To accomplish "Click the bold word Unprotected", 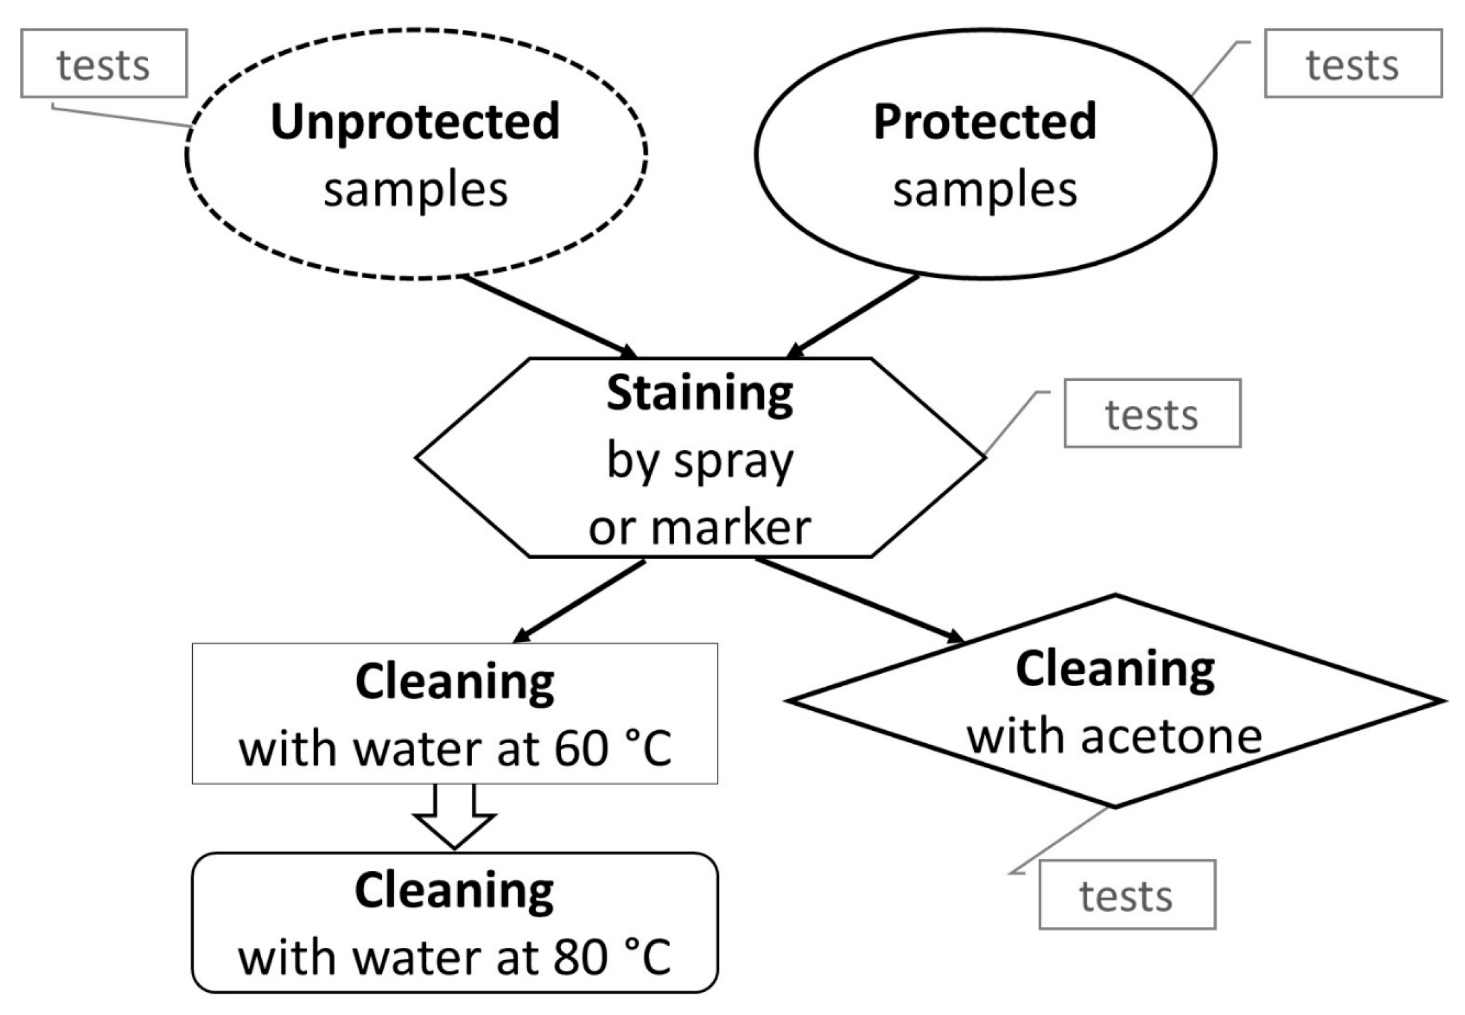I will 415,122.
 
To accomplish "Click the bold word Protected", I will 985,122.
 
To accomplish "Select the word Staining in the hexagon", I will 699,393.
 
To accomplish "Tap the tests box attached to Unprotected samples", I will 104,64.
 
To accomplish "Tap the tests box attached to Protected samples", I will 1352,64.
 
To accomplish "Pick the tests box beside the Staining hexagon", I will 1152,414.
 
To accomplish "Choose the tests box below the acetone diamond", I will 1127,895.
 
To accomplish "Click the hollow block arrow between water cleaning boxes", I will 454,817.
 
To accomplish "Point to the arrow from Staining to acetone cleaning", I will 858,599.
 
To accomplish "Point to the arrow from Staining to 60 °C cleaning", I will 580,601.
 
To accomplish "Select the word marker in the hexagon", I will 731,528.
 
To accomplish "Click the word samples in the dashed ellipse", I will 415,190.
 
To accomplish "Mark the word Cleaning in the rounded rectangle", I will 454,891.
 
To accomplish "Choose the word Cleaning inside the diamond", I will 1115,670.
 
